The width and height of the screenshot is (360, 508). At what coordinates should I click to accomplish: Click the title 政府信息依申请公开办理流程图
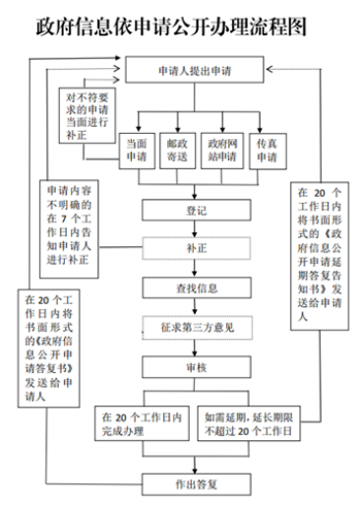coord(171,27)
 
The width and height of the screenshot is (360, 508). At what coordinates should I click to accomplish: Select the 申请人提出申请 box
coord(195,70)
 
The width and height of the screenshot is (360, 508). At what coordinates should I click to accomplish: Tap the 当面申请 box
coord(137,151)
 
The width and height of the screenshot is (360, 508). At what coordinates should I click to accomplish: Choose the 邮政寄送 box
coord(177,151)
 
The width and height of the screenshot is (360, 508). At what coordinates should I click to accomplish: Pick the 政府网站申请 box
coord(222,151)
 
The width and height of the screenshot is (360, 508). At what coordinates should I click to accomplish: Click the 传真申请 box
coord(268,151)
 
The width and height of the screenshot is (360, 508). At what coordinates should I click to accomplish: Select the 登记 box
coord(197,210)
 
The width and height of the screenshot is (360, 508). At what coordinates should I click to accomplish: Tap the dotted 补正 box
coord(197,248)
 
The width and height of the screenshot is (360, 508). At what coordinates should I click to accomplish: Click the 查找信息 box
coord(197,287)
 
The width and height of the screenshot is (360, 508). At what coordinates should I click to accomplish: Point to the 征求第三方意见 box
coord(198,327)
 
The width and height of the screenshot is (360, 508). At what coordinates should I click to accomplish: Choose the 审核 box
coord(197,367)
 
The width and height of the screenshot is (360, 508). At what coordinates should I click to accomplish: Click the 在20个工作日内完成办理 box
coord(142,423)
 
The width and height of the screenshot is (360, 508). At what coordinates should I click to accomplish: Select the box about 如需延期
coord(249,423)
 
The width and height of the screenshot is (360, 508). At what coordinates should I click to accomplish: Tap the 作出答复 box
coord(197,484)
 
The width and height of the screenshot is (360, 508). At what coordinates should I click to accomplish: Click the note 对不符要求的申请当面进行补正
coord(88,115)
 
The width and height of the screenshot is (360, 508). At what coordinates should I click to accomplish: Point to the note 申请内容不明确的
coord(69,228)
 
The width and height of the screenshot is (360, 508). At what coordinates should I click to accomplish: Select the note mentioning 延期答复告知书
coord(320,256)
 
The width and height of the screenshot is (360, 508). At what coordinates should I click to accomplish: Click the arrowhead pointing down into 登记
coord(195,196)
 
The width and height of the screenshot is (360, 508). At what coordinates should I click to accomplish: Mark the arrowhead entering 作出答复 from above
coord(195,471)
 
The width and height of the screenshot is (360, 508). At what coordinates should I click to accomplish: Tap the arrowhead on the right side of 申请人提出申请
coord(270,69)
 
